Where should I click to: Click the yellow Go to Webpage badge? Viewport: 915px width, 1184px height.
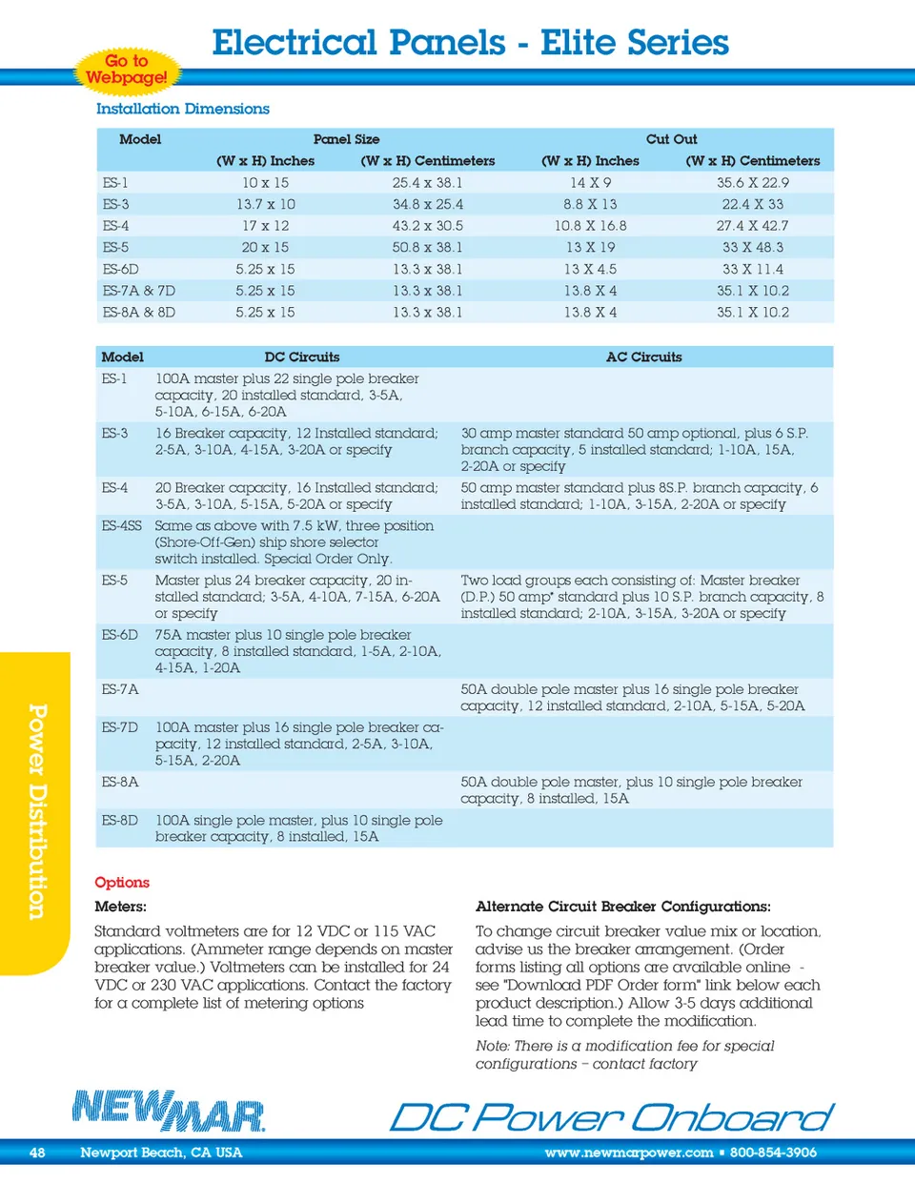click(x=127, y=70)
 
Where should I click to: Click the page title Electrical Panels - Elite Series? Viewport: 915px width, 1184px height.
click(x=470, y=42)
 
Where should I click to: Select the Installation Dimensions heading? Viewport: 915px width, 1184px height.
click(x=182, y=109)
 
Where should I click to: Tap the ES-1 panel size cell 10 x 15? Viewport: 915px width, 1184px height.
click(x=265, y=182)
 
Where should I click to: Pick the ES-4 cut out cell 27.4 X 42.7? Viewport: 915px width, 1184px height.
click(x=752, y=226)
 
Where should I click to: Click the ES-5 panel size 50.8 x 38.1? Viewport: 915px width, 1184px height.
click(x=427, y=247)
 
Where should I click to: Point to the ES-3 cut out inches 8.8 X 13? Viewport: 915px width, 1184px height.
click(x=590, y=204)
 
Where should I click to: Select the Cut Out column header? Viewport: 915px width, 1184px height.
click(x=671, y=139)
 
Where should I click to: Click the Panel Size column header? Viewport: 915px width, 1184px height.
click(x=346, y=139)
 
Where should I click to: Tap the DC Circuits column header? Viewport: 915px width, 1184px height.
click(x=301, y=357)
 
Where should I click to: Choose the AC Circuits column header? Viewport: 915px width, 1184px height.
click(x=643, y=357)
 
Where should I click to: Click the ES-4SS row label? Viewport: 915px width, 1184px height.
click(x=121, y=525)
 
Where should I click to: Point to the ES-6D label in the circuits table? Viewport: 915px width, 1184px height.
click(x=119, y=635)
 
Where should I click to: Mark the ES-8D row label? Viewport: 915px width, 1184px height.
click(x=119, y=820)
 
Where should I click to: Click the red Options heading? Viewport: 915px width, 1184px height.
click(x=122, y=882)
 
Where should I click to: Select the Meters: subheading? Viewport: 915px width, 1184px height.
click(x=120, y=907)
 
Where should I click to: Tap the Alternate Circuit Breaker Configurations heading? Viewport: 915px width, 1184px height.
click(x=622, y=907)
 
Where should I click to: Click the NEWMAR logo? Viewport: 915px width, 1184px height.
click(x=169, y=1111)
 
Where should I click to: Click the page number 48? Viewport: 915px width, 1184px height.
click(x=37, y=1153)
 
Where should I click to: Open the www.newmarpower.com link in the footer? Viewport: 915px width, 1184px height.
click(x=629, y=1153)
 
